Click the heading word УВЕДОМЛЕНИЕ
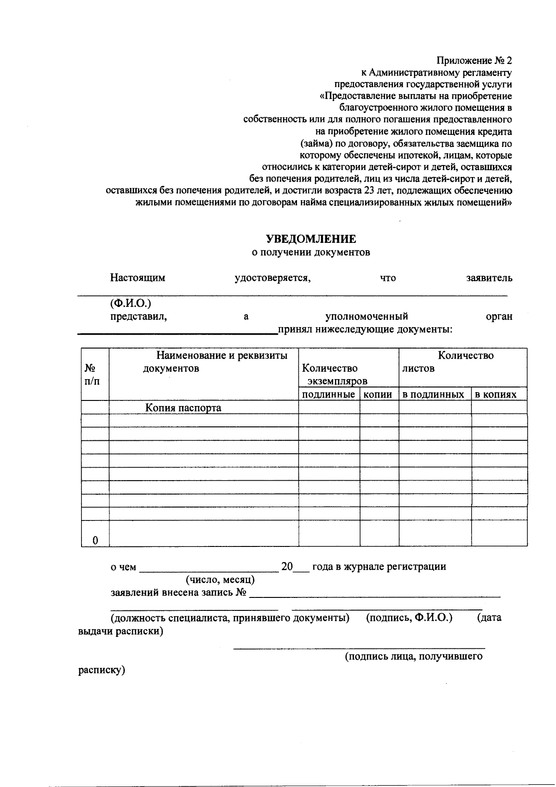click(310, 239)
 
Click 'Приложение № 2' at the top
click(474, 61)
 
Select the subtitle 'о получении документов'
click(310, 253)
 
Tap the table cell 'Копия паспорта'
click(183, 408)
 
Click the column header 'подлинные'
click(329, 394)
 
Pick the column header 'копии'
click(379, 394)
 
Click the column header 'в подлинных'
click(433, 394)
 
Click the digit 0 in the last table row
click(95, 540)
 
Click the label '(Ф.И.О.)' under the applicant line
click(131, 304)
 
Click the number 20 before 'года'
click(287, 566)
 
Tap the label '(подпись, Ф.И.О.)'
click(409, 618)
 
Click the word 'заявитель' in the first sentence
click(489, 278)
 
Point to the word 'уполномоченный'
click(366, 317)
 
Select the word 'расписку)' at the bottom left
click(101, 670)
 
